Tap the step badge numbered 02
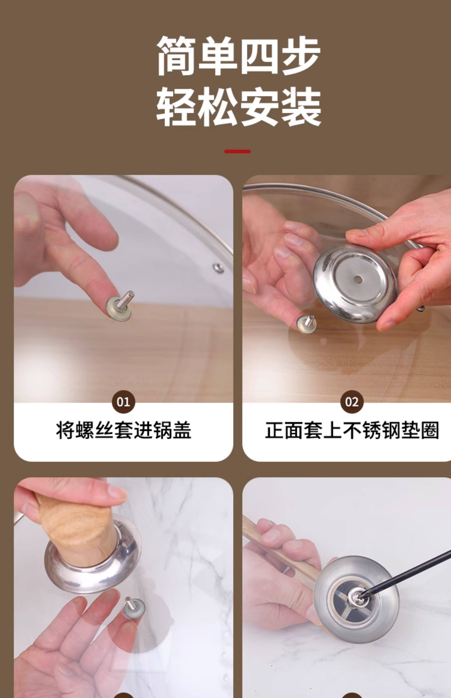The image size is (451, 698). [x=352, y=402]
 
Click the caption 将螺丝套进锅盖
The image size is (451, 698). [x=124, y=430]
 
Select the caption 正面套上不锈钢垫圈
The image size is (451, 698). [x=352, y=430]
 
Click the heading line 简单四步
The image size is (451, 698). [x=238, y=56]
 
